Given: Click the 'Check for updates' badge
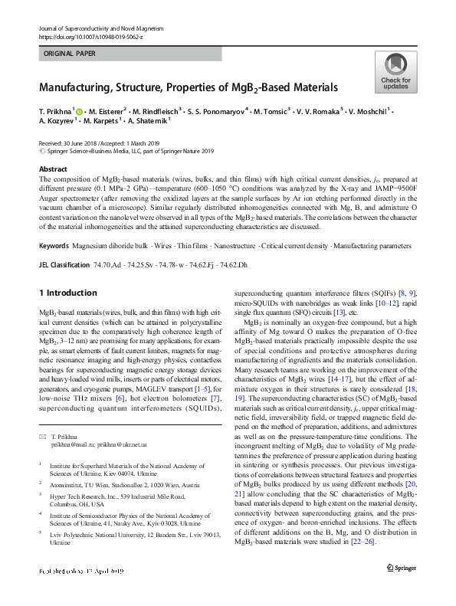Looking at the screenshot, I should click(395, 73).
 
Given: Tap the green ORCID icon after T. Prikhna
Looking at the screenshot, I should click(80, 110).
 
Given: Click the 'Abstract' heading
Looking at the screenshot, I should click(53, 169).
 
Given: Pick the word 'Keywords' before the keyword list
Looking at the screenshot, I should click(54, 245).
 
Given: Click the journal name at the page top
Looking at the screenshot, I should click(100, 28).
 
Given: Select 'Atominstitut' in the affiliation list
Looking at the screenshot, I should click(68, 485).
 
